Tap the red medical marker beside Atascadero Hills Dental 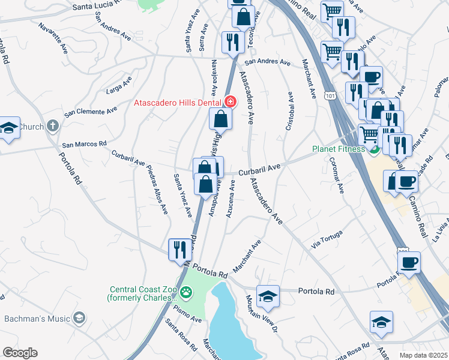231,103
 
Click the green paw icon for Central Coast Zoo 187,292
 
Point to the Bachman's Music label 35,318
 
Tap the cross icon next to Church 53,127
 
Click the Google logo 20,353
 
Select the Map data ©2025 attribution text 424,355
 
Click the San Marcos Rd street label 84,144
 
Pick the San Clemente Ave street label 91,111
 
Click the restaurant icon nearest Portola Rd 179,250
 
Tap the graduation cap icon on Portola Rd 268,295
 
